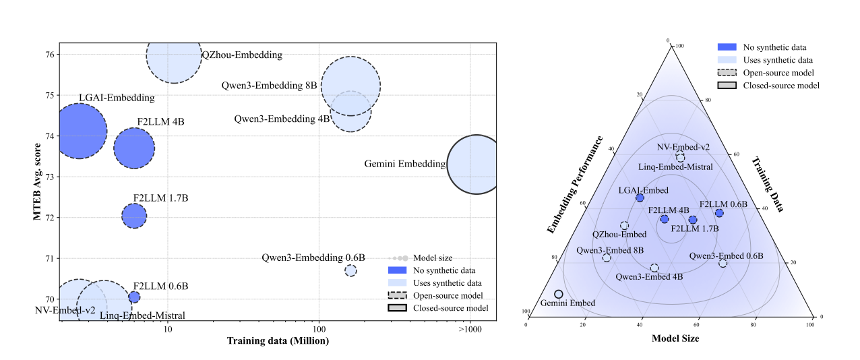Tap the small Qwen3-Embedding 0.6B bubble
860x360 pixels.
[x=350, y=270]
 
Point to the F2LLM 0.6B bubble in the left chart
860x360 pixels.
[x=134, y=297]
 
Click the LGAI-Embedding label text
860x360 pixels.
[x=117, y=98]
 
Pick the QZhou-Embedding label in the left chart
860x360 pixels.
[x=242, y=55]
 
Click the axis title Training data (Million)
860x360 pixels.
[x=277, y=341]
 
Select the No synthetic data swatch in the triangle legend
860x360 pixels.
[x=727, y=47]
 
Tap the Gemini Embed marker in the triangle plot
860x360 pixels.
[x=558, y=294]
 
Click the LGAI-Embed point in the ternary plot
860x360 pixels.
[x=640, y=198]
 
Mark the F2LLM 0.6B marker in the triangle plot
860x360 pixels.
[x=719, y=213]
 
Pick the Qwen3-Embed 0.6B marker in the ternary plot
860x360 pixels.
[x=723, y=263]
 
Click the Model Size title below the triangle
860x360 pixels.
[x=675, y=339]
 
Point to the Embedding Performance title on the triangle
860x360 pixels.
[x=574, y=185]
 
